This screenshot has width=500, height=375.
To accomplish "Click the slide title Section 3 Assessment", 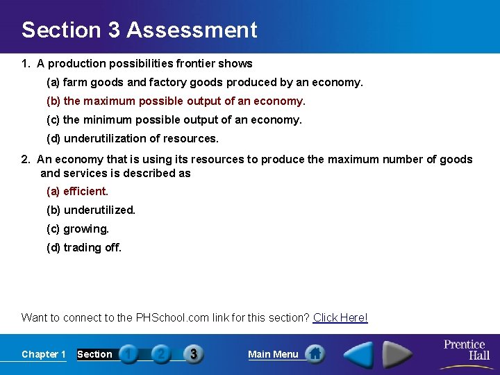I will (x=139, y=30).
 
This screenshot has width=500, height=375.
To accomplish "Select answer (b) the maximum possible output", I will (x=176, y=101).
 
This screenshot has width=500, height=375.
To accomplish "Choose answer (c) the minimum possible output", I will (x=174, y=120).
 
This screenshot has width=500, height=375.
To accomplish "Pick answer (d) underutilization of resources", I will (x=133, y=138).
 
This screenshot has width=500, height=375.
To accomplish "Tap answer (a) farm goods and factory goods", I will (x=204, y=83).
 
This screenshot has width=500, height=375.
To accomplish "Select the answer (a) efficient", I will (x=78, y=191).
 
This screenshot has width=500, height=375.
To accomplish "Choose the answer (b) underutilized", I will (x=91, y=210).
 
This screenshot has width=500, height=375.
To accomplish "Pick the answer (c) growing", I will (x=78, y=228).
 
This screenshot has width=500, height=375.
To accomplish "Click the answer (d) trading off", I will (x=84, y=247).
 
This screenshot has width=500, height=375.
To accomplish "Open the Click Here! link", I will (x=340, y=318).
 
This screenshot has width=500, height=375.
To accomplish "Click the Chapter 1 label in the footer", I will (x=44, y=354).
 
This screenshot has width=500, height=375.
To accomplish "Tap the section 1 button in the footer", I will (x=128, y=354).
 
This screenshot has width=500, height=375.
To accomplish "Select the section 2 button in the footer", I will (x=160, y=354).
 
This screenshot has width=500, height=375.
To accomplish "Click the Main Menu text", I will (x=273, y=354).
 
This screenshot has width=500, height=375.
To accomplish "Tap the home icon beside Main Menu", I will (x=315, y=354).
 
